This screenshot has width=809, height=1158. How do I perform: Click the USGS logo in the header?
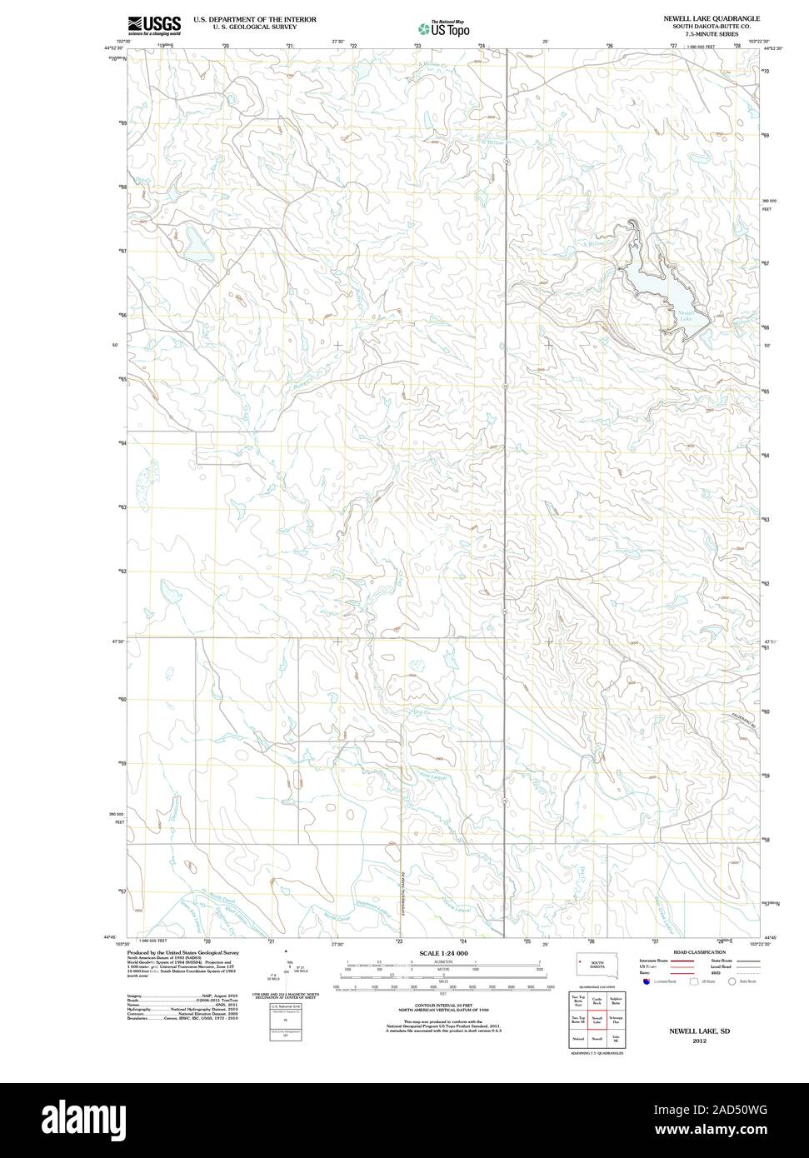click(153, 24)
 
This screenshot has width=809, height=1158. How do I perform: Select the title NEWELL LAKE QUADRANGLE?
click(711, 17)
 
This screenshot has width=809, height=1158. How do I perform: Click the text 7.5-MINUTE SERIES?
click(711, 34)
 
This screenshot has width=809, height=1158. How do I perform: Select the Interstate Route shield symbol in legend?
click(647, 981)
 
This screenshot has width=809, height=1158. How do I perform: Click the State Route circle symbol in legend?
click(732, 981)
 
